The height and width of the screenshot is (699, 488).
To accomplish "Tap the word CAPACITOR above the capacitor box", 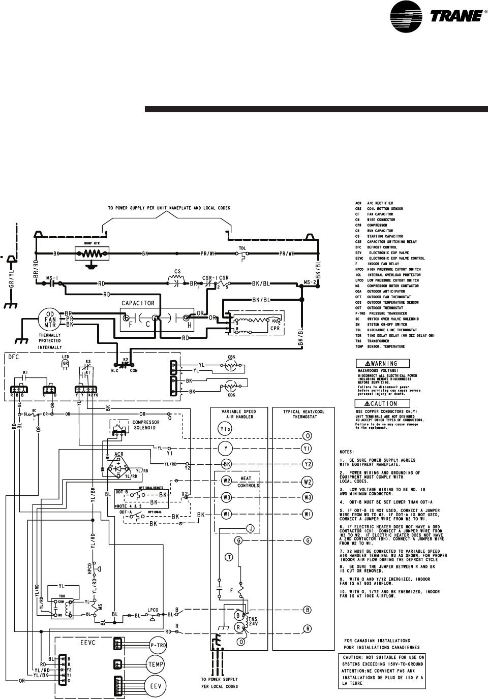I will coord(138,303).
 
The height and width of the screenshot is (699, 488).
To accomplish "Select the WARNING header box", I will coord(383,363).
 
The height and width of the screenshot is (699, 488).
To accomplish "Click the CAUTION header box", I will coord(383,403).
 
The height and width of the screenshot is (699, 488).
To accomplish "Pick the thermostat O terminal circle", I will coord(308,436).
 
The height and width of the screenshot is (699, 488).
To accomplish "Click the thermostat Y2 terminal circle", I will coord(308,464).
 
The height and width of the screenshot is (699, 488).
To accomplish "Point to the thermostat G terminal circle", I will coord(308,541).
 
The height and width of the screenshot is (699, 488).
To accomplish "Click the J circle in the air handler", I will coord(250,529).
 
